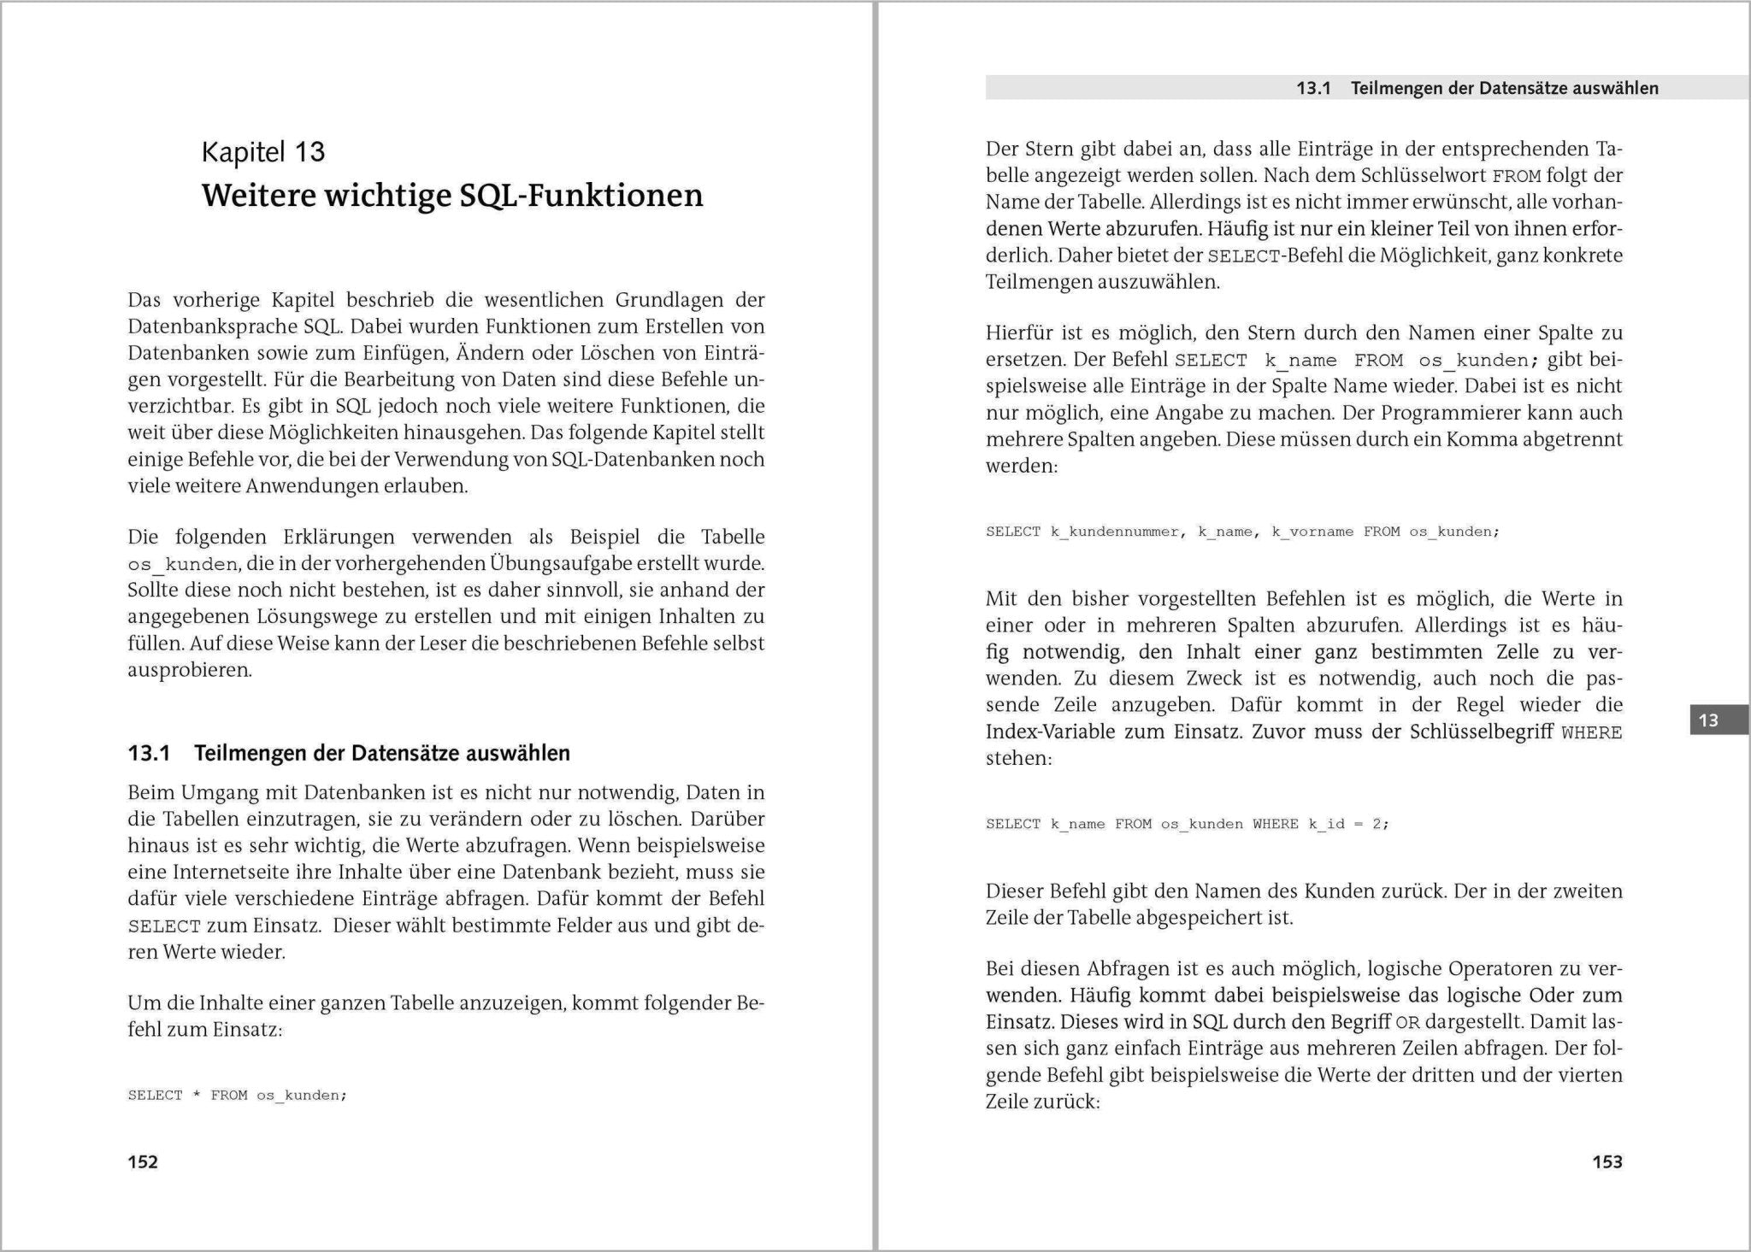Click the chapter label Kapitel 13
tap(262, 152)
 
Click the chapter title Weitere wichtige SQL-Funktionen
tap(452, 196)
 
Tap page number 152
tap(143, 1161)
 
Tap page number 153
tap(1607, 1161)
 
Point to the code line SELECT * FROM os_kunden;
tap(237, 1095)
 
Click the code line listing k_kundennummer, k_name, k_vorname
tap(1241, 532)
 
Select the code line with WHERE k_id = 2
tap(1187, 824)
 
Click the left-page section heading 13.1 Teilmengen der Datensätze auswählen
tap(349, 753)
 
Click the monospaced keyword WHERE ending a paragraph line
tap(1591, 732)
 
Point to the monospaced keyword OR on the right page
tap(1407, 1022)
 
